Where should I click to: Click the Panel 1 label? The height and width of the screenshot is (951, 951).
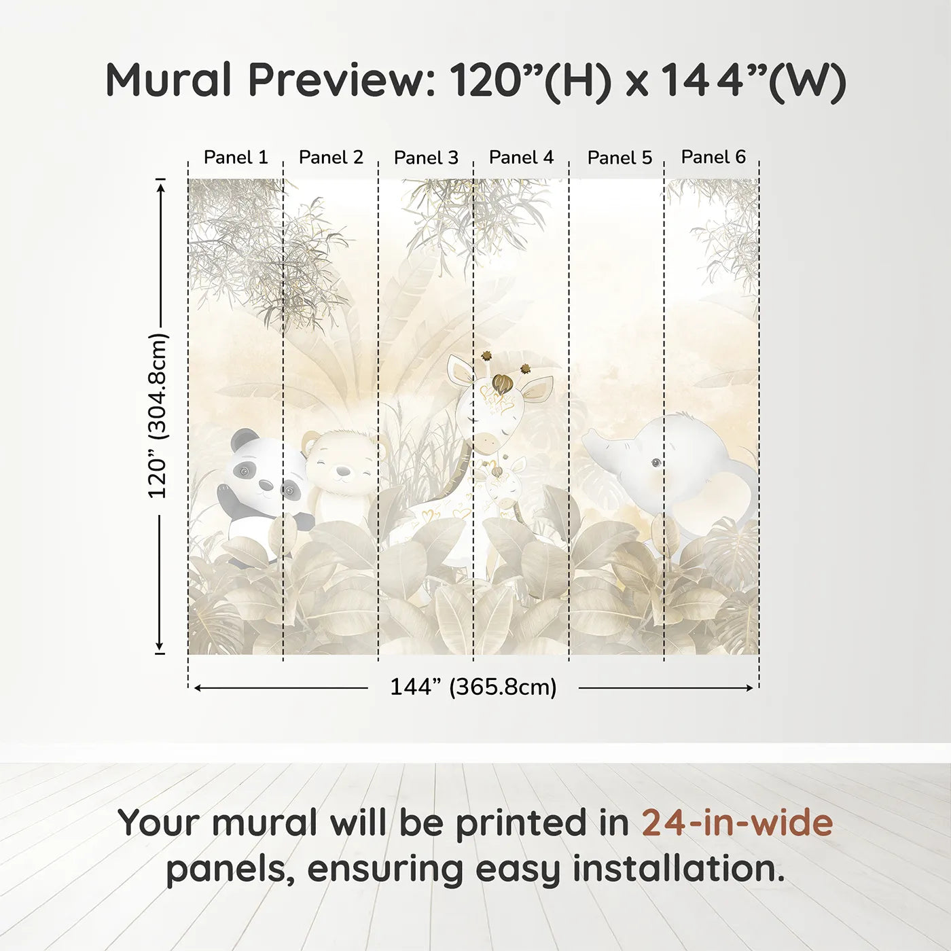pyautogui.click(x=236, y=158)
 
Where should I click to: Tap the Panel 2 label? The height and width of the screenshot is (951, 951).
pyautogui.click(x=331, y=158)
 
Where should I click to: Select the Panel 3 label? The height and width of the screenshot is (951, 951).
pyautogui.click(x=426, y=158)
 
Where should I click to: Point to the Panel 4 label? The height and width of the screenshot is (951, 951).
pyautogui.click(x=521, y=158)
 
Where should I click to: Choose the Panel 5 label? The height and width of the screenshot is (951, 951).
pyautogui.click(x=620, y=158)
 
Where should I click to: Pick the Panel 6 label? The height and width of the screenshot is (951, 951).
pyautogui.click(x=713, y=157)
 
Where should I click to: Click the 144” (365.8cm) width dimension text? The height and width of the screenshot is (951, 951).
pyautogui.click(x=473, y=687)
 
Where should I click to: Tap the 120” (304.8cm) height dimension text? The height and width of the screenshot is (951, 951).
pyautogui.click(x=158, y=416)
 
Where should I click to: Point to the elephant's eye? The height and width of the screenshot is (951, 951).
pyautogui.click(x=656, y=463)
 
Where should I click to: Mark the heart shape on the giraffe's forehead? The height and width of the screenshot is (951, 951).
pyautogui.click(x=503, y=384)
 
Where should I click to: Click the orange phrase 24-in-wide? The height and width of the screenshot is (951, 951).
pyautogui.click(x=737, y=823)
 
